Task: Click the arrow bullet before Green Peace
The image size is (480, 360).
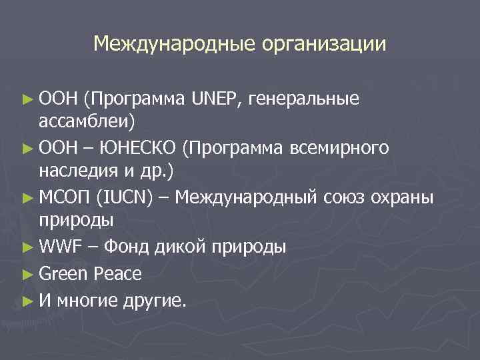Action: (27, 273)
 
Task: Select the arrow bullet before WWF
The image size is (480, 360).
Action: (27, 248)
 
